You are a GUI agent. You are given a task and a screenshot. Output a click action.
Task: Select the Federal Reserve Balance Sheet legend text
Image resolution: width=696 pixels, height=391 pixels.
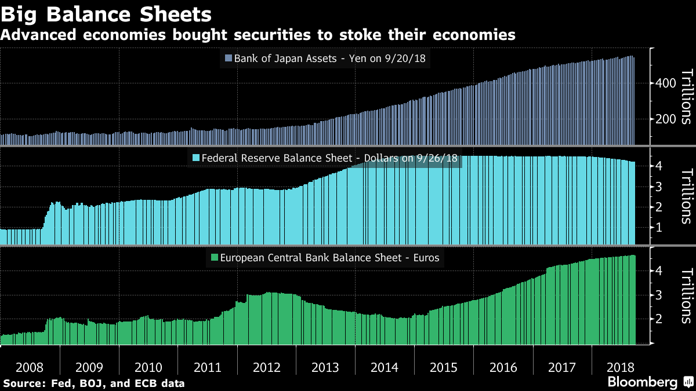[x=329, y=158]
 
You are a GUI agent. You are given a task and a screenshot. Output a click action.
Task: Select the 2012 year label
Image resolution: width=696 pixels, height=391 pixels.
[x=266, y=367]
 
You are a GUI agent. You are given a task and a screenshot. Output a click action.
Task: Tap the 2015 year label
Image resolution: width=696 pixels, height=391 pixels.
[x=444, y=367]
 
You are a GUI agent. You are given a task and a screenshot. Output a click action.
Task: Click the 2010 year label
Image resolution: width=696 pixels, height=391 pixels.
[x=148, y=367]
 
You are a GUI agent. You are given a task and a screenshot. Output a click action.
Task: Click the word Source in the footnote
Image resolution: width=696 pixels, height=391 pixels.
[x=21, y=383]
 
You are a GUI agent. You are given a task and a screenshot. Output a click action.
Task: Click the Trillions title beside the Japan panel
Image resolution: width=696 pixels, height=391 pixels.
[x=686, y=97]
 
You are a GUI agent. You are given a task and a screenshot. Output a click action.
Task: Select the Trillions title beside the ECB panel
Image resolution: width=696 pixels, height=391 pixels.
[x=686, y=295]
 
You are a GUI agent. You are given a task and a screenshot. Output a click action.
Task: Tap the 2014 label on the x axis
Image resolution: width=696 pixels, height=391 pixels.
[x=385, y=367]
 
